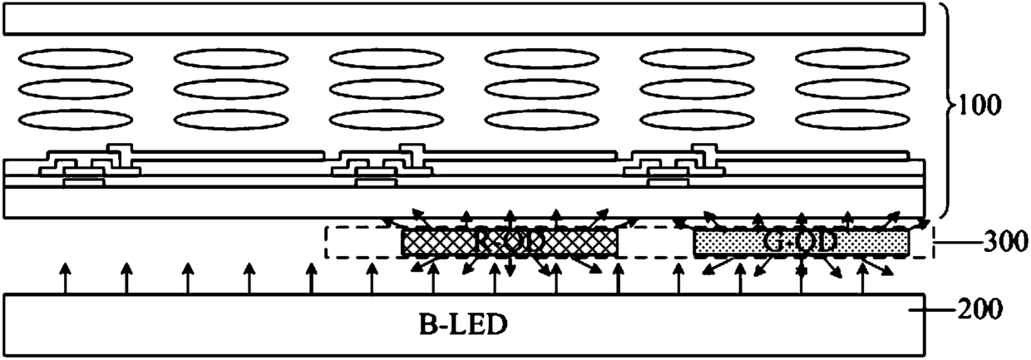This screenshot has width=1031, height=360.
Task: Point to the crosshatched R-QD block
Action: (x=510, y=242)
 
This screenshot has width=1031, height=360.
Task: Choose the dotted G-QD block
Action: (x=802, y=242)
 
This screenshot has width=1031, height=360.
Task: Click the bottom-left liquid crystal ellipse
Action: (x=76, y=120)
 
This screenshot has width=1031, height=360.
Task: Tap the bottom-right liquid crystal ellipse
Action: (x=854, y=120)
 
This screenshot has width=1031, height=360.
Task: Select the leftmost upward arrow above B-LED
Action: (x=64, y=278)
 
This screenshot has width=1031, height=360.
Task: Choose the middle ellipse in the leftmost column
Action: (x=76, y=89)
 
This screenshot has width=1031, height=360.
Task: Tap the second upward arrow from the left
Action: (x=126, y=278)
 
